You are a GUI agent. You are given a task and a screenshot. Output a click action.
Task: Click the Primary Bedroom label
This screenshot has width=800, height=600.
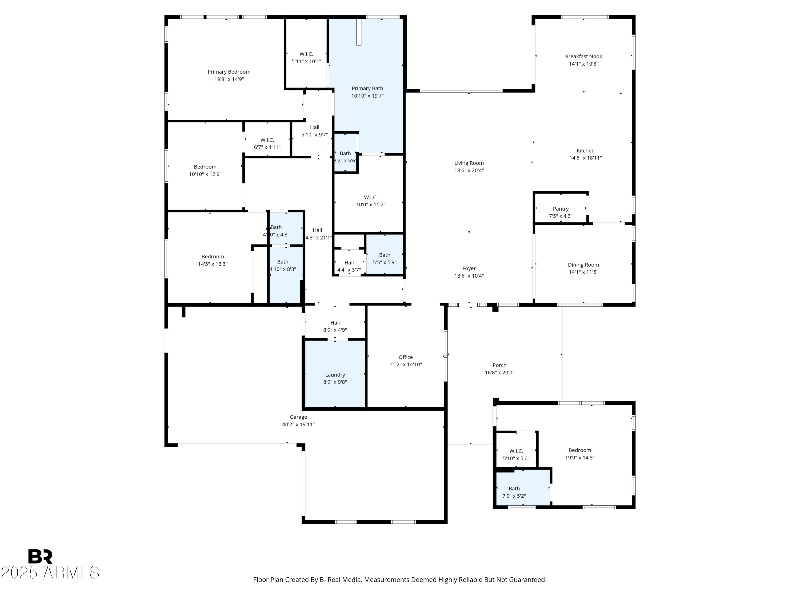tap(229, 72)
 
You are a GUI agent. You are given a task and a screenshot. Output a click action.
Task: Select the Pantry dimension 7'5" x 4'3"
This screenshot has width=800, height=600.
tap(561, 216)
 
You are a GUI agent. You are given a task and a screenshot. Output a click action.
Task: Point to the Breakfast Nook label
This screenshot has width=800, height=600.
tap(583, 57)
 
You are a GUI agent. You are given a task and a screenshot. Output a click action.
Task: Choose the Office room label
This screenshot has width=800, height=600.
tap(405, 357)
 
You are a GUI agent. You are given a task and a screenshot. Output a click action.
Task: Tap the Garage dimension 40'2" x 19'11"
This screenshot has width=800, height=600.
tap(298, 425)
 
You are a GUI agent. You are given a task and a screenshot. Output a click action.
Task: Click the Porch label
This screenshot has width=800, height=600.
tap(499, 365)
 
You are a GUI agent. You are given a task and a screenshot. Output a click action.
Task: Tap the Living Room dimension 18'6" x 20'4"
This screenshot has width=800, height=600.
tap(469, 171)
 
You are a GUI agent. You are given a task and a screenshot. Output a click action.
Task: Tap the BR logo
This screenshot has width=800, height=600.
tap(40, 557)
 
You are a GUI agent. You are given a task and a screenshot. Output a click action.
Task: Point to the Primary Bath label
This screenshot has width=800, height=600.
tap(367, 89)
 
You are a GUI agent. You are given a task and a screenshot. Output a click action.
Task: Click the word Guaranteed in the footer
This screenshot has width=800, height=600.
tap(527, 580)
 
